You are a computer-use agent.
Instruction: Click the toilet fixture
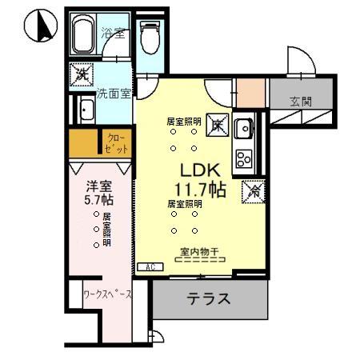[x=150, y=35]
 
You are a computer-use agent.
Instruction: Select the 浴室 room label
[x=113, y=34]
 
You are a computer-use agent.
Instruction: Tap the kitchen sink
[x=244, y=128]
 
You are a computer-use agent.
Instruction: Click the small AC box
[x=148, y=266]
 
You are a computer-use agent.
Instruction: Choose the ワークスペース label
[x=107, y=294]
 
